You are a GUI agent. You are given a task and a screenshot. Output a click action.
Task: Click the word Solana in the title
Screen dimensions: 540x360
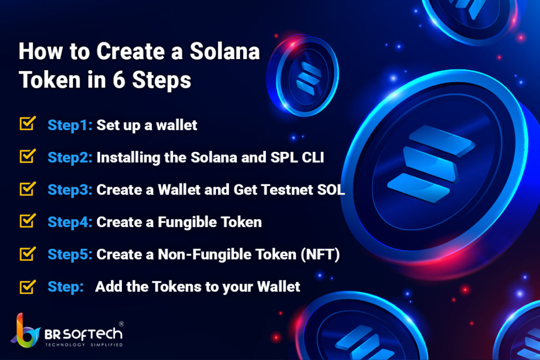pos(225,51)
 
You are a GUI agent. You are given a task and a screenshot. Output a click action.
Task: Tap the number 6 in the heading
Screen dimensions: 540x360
pos(119,80)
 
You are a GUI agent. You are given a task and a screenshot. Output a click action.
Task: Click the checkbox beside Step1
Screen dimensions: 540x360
pos(27,123)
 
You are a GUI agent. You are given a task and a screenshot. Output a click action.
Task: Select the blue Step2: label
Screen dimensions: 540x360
pos(70,158)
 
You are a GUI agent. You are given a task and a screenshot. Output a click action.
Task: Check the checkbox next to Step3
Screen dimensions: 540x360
pos(27,188)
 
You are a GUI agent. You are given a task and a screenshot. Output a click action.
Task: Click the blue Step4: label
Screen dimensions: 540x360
pos(70,222)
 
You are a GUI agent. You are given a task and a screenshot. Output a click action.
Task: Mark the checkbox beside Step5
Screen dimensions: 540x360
pos(27,254)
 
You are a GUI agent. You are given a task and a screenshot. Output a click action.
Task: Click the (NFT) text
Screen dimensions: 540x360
pos(320,255)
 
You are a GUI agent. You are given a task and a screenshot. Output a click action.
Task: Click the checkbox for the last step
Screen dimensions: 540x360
pos(27,286)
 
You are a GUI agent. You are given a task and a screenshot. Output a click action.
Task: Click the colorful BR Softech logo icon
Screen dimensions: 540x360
pos(25,330)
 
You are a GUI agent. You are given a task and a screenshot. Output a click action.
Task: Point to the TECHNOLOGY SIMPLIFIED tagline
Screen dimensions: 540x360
pos(84,345)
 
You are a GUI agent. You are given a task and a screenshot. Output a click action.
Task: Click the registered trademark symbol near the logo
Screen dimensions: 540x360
pos(121,324)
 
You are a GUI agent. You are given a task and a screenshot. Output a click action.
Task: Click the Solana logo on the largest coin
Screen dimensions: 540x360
pos(431,163)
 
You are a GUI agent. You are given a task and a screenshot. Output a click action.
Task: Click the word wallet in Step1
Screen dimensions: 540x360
pos(177,125)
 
